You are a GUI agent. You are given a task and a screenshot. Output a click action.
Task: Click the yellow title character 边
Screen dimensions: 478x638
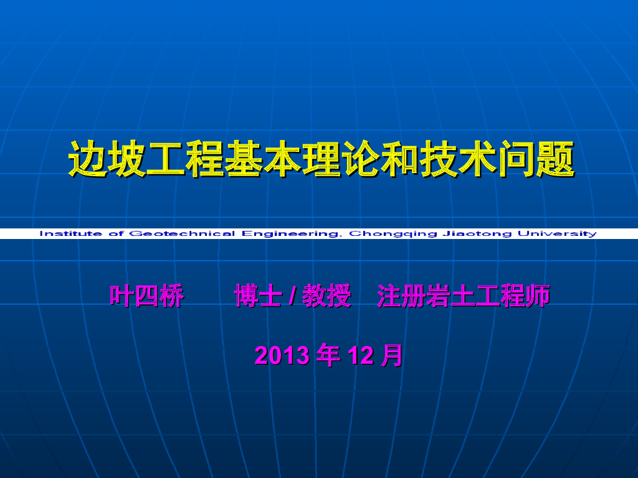click(87, 159)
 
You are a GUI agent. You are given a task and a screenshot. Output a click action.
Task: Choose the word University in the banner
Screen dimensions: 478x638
click(555, 234)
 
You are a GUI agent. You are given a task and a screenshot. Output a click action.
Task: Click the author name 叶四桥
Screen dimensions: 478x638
click(147, 296)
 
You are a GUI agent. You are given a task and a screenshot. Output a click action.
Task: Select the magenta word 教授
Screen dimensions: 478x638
click(326, 296)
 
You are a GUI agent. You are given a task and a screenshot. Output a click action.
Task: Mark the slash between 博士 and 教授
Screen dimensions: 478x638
click(292, 297)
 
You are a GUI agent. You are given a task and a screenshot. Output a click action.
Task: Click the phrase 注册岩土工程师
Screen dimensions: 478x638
click(464, 296)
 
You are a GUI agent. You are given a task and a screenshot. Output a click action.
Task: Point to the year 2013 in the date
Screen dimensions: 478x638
click(282, 355)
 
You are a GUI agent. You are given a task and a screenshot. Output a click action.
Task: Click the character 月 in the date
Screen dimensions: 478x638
click(392, 355)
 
